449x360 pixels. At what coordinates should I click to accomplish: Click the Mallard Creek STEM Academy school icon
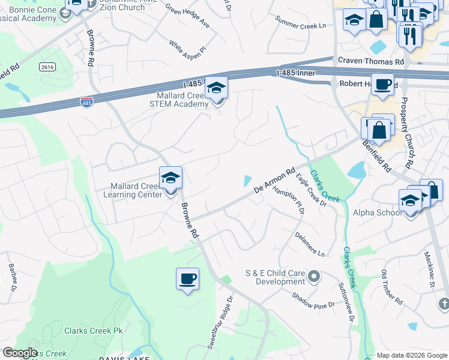click(x=216, y=89)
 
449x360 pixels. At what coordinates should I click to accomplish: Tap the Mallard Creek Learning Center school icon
click(x=170, y=178)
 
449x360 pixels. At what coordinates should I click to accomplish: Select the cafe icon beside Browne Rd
click(x=187, y=279)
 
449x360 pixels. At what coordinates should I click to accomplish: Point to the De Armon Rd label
click(x=274, y=181)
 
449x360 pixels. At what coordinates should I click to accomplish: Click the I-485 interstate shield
click(x=87, y=102)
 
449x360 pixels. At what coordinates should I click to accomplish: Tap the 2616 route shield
click(x=48, y=67)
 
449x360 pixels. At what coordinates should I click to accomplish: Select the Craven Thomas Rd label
click(x=371, y=61)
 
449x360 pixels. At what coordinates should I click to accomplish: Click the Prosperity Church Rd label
click(x=408, y=133)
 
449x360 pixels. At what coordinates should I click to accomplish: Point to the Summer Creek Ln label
click(x=300, y=25)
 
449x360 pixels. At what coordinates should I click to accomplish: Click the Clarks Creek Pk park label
click(x=93, y=330)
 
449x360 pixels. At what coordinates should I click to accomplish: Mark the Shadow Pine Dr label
click(x=313, y=301)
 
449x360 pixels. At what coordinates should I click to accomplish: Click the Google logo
click(x=20, y=353)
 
